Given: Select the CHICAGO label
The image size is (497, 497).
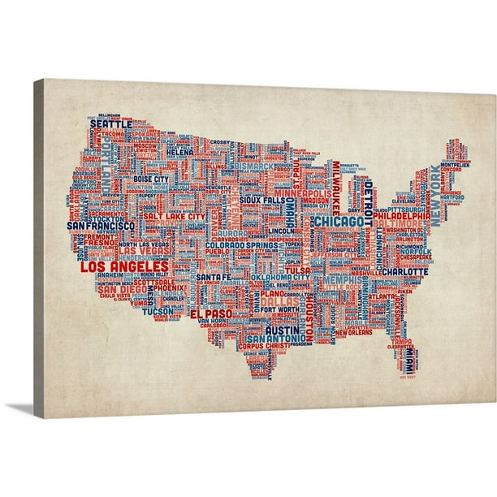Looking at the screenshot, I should click(x=339, y=221).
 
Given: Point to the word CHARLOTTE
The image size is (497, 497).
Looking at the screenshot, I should click(x=404, y=271).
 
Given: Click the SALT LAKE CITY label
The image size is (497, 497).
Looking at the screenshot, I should click(x=173, y=218).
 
